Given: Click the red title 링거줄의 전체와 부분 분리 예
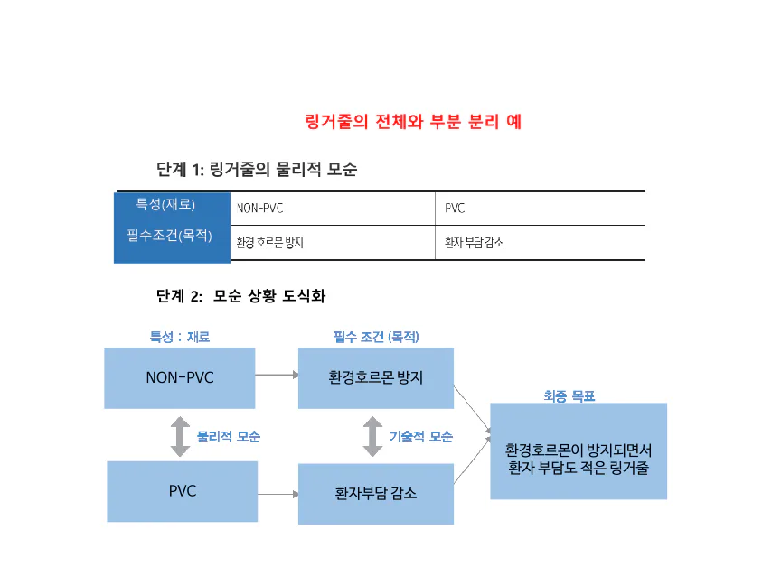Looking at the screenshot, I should click(x=413, y=122).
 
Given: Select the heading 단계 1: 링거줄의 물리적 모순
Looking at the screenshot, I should click(x=256, y=170).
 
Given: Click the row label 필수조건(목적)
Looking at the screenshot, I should click(x=173, y=235).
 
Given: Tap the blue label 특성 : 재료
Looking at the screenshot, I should click(x=180, y=337).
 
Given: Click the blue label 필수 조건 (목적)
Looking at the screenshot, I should click(x=376, y=337).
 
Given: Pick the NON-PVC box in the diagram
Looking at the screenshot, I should click(x=180, y=377).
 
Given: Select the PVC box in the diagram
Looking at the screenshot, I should click(x=182, y=491).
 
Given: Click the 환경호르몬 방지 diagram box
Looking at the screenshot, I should click(x=375, y=377).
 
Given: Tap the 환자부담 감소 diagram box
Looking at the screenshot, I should click(x=375, y=494).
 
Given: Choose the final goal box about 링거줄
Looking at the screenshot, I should click(x=579, y=451).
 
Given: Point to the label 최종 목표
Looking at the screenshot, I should click(x=569, y=395).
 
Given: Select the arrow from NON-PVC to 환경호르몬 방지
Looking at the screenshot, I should click(x=277, y=375).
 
